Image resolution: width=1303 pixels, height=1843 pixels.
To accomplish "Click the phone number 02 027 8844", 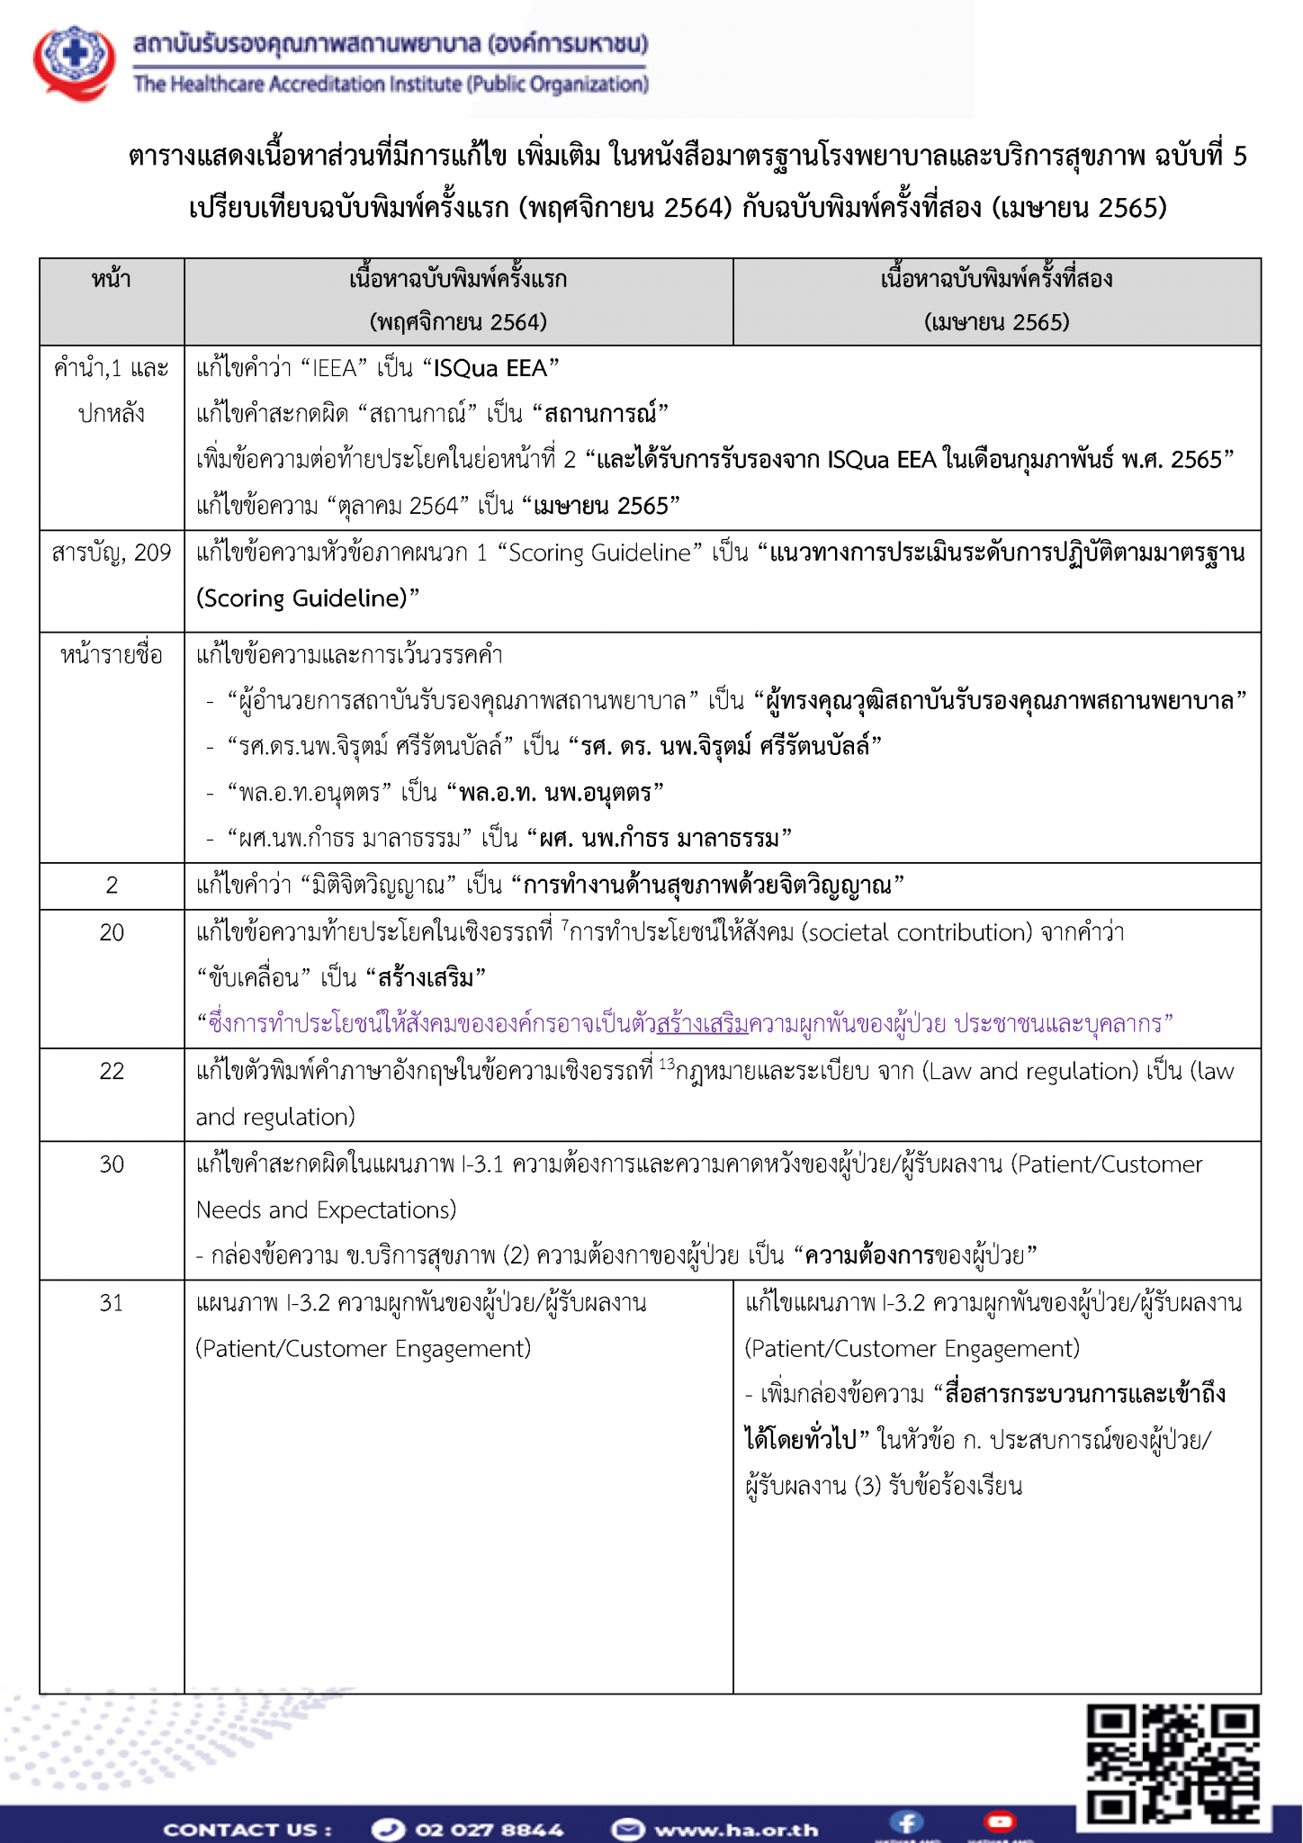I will (489, 1830).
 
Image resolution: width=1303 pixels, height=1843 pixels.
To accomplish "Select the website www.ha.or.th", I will (736, 1830).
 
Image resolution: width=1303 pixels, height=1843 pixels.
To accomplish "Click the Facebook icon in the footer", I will (906, 1822).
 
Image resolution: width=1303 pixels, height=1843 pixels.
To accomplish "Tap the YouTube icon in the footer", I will (999, 1822).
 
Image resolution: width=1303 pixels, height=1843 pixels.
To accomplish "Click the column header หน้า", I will (112, 280).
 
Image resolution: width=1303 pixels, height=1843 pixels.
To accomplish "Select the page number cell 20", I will (112, 932).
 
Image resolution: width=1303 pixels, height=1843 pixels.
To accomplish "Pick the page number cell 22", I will (112, 1071).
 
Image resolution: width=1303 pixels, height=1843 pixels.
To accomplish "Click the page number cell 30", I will (112, 1164).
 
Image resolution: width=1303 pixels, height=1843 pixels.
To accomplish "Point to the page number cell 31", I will (112, 1302).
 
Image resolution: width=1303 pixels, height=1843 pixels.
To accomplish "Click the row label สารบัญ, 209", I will (112, 553).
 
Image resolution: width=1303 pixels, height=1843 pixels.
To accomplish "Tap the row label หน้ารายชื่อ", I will (112, 655).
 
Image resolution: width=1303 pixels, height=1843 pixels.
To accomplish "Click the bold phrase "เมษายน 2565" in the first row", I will (601, 506).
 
